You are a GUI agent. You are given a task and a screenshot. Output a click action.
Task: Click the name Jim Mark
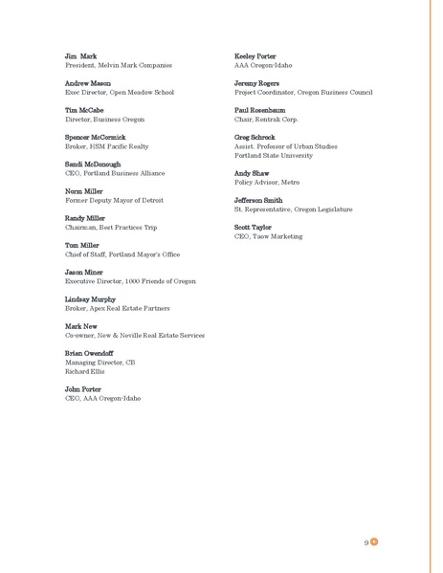point(80,55)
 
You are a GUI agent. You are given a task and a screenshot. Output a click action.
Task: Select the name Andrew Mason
point(88,83)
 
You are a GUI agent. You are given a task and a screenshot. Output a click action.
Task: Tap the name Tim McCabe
point(85,110)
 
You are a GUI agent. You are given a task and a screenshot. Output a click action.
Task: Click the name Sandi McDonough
point(93,164)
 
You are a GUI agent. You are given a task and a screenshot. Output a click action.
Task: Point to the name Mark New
point(82,326)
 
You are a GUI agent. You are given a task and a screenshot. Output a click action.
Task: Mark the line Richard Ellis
point(84,371)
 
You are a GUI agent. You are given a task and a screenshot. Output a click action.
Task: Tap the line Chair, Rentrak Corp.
point(266,120)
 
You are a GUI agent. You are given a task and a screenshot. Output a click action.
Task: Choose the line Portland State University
point(273,155)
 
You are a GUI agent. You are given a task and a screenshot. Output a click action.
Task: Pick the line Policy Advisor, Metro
point(267,182)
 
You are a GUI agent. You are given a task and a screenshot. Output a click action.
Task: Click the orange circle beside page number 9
point(375,542)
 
